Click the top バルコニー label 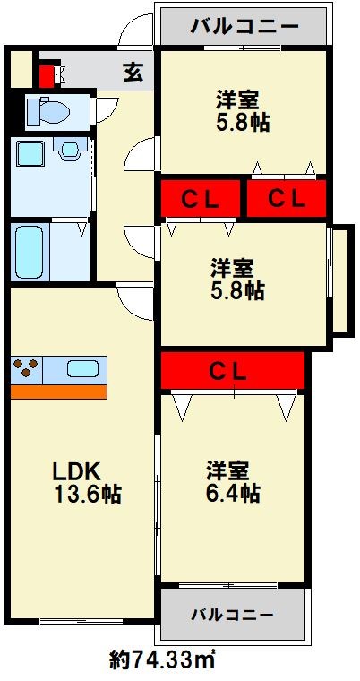point(244,26)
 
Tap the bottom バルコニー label point(232,615)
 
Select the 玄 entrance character point(131,71)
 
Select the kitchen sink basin point(82,367)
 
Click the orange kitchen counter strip point(59,391)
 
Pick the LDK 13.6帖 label point(81,482)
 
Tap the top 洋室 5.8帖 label point(242,108)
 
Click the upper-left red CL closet point(201,199)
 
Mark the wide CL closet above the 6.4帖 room point(234,370)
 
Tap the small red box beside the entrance point(47,74)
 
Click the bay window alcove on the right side point(340,280)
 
